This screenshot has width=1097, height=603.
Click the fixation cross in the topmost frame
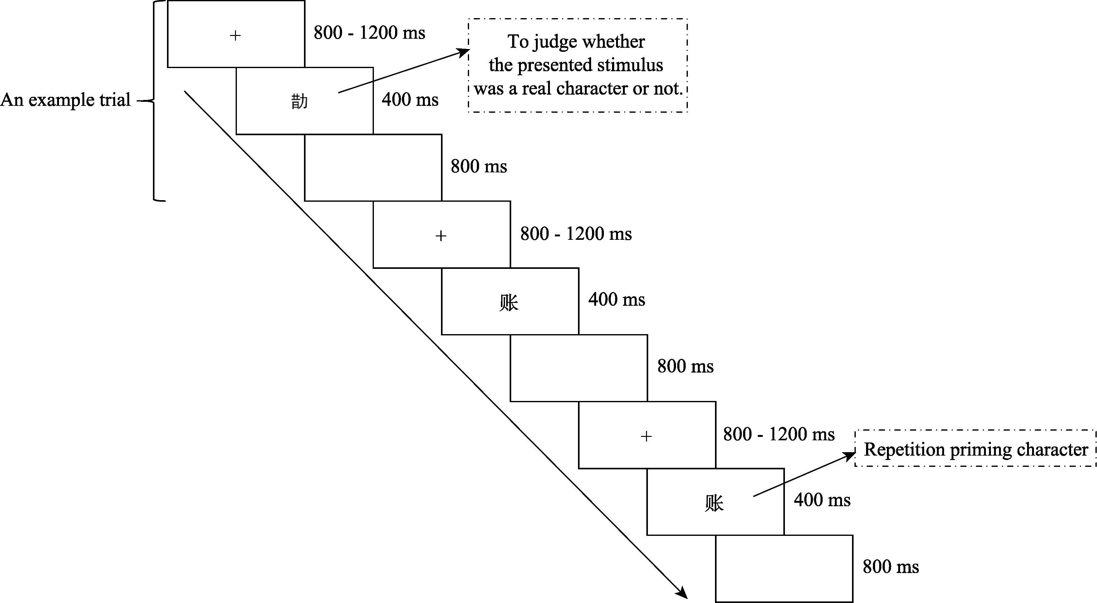point(235,35)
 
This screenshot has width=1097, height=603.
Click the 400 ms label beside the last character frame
point(822,500)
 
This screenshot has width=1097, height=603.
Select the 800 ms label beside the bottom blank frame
point(890,567)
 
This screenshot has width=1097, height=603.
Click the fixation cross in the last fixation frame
point(646,436)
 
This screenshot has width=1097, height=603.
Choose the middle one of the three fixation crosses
point(441,236)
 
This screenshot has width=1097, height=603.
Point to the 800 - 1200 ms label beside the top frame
point(369,33)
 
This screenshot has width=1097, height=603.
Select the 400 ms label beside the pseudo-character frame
point(410,100)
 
